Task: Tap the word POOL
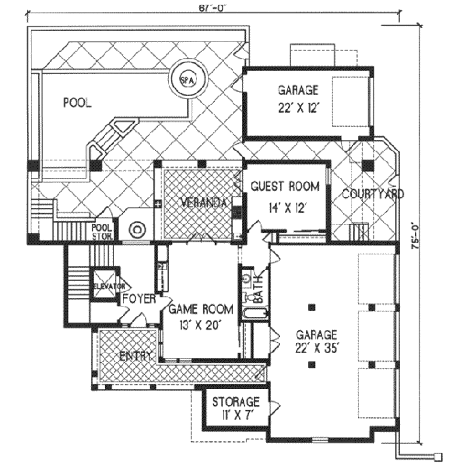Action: [x=77, y=103]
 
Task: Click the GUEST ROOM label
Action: [x=285, y=186]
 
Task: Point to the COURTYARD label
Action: [x=373, y=194]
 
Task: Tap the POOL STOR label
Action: [x=102, y=232]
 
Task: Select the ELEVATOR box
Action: [x=105, y=285]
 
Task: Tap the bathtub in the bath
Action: [x=254, y=314]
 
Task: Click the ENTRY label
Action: [x=135, y=356]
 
